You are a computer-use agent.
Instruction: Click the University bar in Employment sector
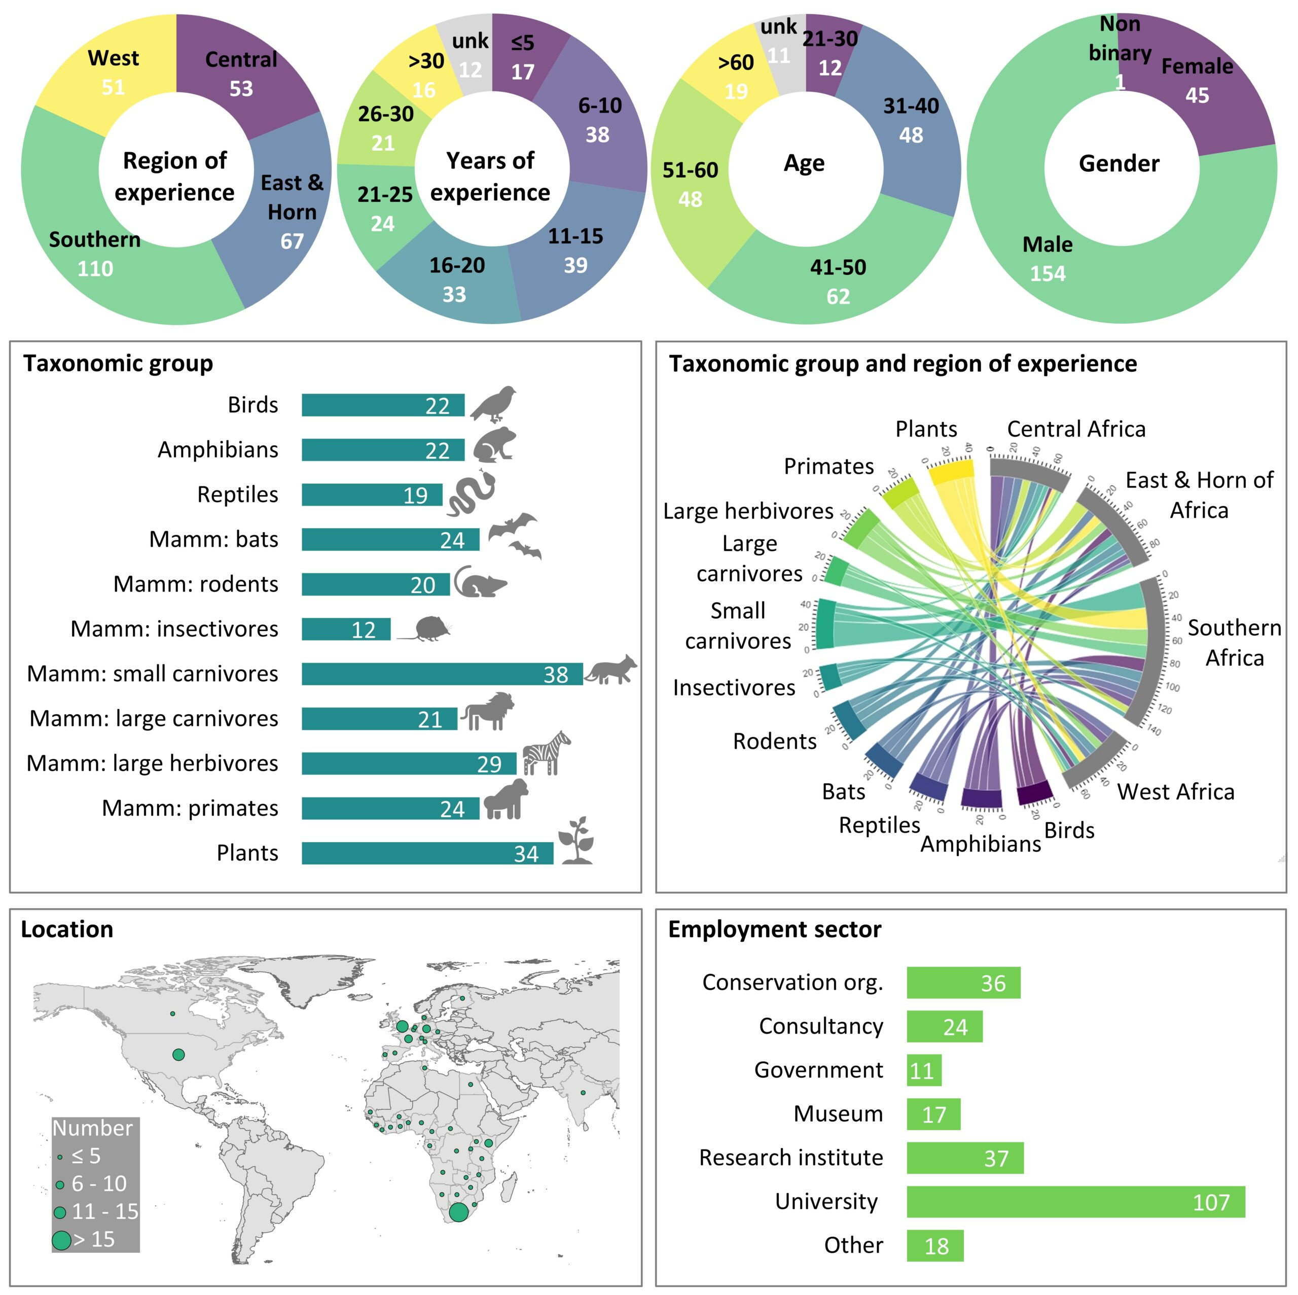coord(1075,1202)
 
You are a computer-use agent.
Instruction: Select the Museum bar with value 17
coord(933,1114)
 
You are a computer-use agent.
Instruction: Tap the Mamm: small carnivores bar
coord(442,674)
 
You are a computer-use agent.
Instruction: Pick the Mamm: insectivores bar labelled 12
coord(345,629)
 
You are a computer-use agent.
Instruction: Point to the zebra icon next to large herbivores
coord(546,753)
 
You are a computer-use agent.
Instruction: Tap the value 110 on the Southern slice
coord(95,269)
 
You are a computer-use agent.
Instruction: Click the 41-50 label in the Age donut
coord(838,267)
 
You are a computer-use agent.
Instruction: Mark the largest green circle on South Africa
coord(458,1212)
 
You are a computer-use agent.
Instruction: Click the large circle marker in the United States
coord(178,1055)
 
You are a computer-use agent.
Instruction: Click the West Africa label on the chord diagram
coord(1175,792)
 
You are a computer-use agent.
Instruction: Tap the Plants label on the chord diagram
coord(926,429)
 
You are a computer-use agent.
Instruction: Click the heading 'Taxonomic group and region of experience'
coord(903,364)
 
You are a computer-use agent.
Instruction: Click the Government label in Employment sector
coord(818,1070)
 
